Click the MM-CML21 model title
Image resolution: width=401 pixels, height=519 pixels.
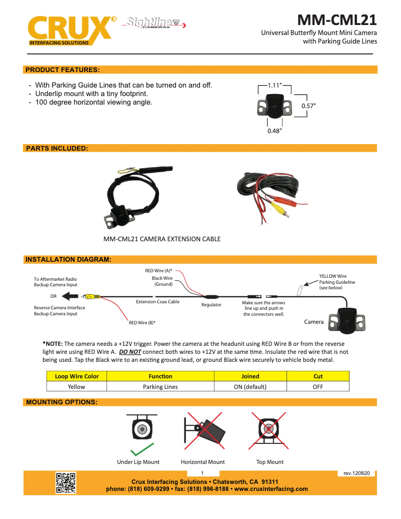pos(336,20)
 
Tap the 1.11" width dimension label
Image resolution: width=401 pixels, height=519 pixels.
pos(275,86)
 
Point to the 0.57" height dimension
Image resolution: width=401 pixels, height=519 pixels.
pos(308,106)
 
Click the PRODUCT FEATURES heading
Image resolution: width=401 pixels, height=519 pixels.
pos(62,69)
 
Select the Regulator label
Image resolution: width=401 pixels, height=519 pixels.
pos(211,305)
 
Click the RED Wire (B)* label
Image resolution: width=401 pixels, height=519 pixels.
pos(142,323)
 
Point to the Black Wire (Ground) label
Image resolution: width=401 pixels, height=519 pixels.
pos(162,281)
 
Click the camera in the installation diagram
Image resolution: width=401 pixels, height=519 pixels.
pos(348,320)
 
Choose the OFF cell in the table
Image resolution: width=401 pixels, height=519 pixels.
pos(318,386)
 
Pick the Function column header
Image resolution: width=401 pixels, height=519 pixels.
pos(160,376)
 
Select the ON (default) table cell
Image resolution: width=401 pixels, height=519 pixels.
pos(250,386)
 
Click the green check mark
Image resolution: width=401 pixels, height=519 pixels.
pos(141,450)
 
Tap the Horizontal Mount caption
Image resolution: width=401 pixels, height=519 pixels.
pos(202,462)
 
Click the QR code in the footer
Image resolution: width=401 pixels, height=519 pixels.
pos(65,482)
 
